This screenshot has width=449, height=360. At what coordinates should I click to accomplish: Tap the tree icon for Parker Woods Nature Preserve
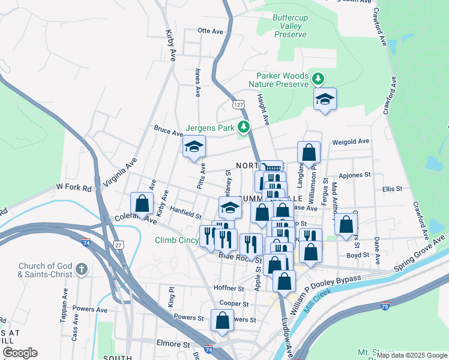(318, 77)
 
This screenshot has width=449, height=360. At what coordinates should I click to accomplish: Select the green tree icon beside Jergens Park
(243, 127)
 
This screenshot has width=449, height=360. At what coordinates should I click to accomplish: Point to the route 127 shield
(238, 104)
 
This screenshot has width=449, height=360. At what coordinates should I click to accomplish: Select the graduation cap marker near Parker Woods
(325, 99)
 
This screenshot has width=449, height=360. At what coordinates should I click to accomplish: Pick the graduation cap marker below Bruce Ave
(194, 147)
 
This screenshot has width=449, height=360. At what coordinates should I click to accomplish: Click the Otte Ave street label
(210, 31)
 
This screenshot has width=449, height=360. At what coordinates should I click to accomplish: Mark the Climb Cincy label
(177, 241)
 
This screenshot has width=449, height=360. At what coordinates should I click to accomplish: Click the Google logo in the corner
(20, 353)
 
